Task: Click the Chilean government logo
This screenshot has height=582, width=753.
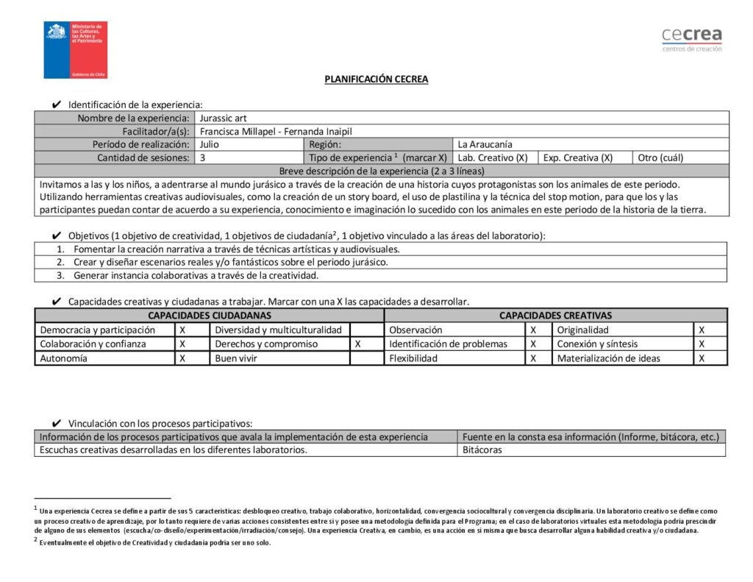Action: coord(76,50)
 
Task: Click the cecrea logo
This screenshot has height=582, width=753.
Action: coord(691,39)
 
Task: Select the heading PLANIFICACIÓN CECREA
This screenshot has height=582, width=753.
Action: coord(376,79)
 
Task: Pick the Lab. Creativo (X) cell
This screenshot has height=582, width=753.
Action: coord(495,157)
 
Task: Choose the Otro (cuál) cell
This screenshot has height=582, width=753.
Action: coord(680,157)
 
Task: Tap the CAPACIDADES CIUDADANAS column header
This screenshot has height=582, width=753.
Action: coord(209,316)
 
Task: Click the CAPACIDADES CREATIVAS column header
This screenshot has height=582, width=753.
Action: coord(555,316)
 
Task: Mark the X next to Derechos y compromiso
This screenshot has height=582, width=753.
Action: coord(357,344)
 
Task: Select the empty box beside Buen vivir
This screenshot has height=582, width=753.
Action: coord(366,358)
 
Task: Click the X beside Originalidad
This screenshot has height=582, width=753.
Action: coord(702,330)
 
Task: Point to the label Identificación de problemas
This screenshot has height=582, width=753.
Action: coord(449,344)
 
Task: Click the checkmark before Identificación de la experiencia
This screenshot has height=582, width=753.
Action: coord(57,104)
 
